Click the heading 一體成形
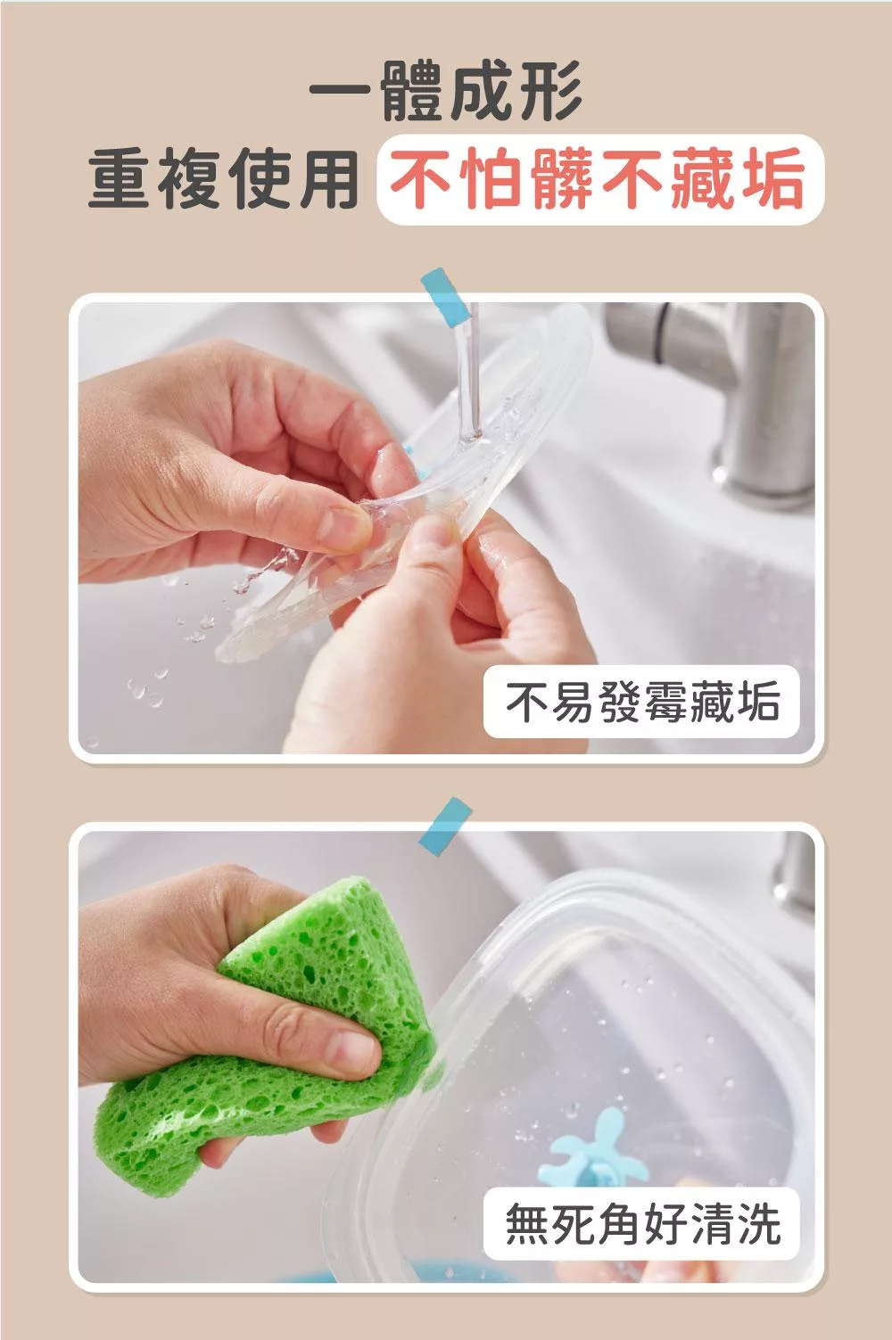(446, 92)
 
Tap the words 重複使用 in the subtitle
(223, 180)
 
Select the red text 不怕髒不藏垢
(599, 180)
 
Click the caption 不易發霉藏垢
(642, 701)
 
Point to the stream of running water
(467, 371)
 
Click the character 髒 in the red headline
(564, 180)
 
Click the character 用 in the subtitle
(326, 180)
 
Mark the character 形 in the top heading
(552, 92)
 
